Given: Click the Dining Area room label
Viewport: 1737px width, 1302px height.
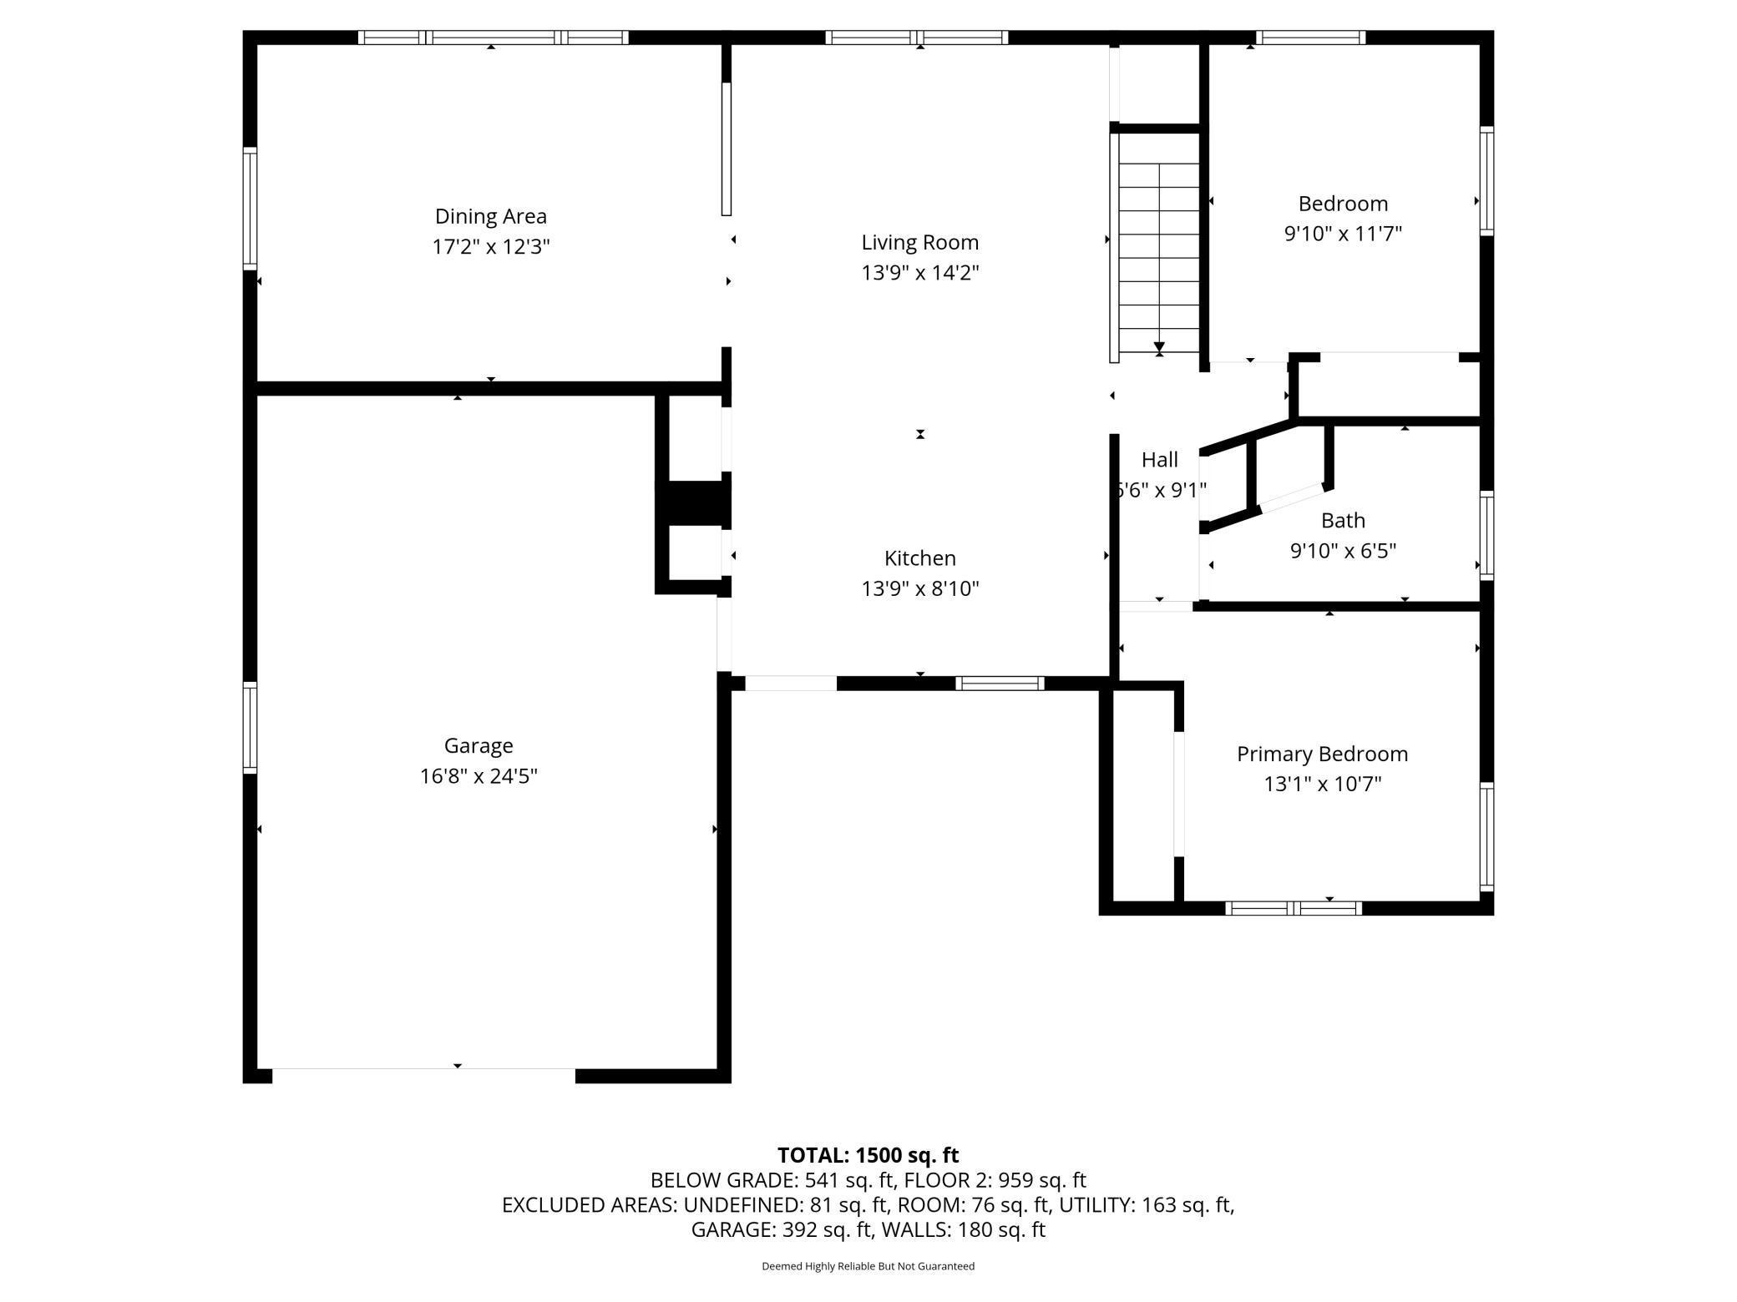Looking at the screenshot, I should click(490, 216).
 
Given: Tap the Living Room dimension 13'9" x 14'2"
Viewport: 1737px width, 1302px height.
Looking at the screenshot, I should click(919, 273).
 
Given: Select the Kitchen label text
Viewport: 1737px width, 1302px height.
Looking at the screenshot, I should click(919, 558).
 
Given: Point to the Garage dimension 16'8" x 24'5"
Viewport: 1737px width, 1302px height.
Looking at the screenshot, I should click(478, 776).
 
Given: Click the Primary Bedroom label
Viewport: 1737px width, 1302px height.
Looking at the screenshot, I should click(1321, 754).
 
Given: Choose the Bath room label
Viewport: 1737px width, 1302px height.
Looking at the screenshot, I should click(1342, 520).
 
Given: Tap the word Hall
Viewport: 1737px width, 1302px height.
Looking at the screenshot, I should click(1159, 459).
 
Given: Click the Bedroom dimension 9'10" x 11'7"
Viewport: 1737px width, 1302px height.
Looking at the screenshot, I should click(1342, 234).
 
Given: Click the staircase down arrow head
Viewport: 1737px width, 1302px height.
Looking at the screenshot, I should click(1159, 347).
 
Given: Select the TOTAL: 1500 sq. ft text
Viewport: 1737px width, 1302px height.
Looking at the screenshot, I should click(868, 1155).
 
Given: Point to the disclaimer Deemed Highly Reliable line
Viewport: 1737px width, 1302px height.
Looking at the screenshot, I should click(868, 1266).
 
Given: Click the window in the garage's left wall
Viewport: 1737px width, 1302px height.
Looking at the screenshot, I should click(250, 726).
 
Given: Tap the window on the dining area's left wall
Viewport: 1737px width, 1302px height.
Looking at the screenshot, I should click(250, 208).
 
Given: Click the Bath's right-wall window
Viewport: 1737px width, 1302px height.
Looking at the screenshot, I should click(1486, 535).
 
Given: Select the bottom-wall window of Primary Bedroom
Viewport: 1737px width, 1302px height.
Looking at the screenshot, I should click(1293, 908).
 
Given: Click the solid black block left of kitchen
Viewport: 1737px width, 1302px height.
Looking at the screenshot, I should click(695, 503).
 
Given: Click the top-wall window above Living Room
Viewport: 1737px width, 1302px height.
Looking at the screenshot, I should click(916, 38).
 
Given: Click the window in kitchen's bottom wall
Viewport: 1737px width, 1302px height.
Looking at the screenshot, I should click(999, 684).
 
